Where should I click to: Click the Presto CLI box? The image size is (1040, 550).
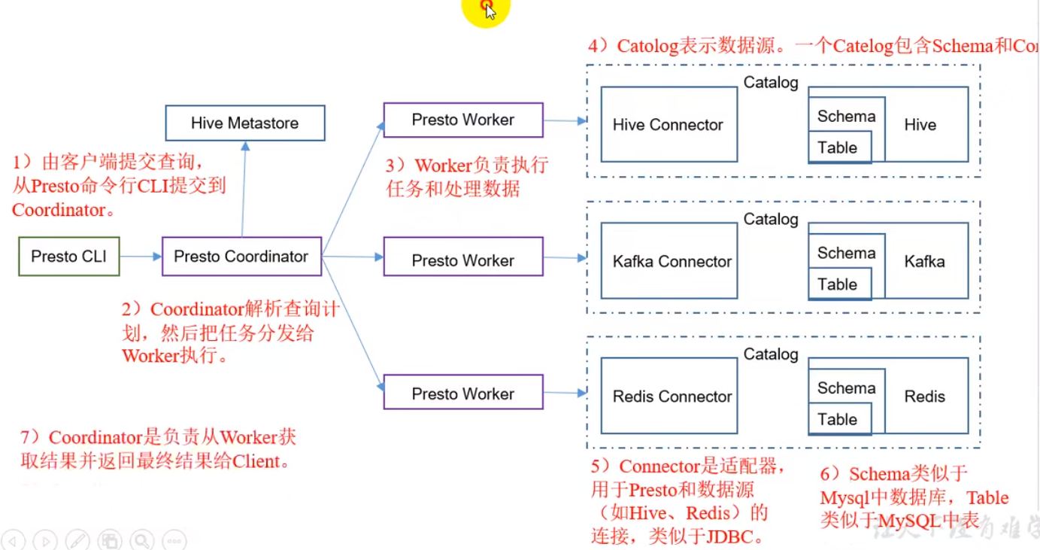tap(68, 257)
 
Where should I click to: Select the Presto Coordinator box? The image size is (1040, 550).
tap(241, 257)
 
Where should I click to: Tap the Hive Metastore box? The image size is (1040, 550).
tap(244, 123)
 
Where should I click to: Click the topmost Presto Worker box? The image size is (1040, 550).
tap(462, 120)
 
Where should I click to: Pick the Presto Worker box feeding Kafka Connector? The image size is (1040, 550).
tap(462, 260)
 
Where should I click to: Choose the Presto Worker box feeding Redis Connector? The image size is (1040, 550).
tap(462, 394)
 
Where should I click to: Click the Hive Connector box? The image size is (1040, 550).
tap(669, 125)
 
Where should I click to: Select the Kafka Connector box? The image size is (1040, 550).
tap(669, 261)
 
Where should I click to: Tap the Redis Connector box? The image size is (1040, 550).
tap(669, 397)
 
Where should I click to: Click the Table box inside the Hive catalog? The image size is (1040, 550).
tap(838, 147)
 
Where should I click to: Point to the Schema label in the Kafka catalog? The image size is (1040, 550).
tap(846, 253)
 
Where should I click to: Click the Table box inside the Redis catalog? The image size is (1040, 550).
tap(838, 419)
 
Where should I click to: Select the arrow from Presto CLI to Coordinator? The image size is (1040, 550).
tap(141, 257)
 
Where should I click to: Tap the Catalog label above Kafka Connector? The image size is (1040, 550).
tap(770, 219)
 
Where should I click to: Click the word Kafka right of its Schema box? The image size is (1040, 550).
tap(924, 262)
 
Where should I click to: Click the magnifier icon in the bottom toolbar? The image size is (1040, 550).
tap(141, 539)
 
